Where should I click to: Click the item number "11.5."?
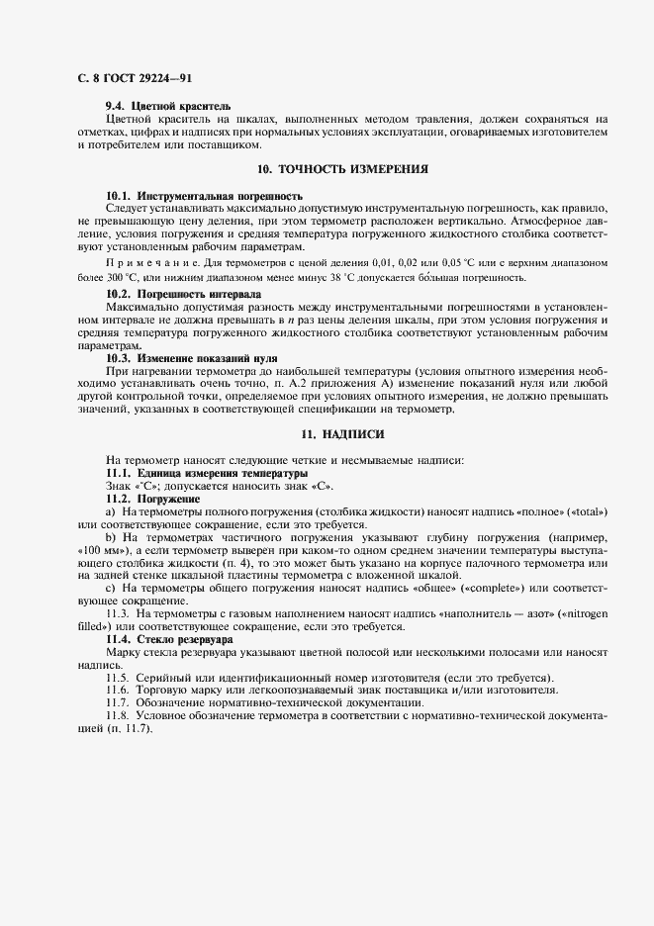(118, 678)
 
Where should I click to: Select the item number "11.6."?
(118, 690)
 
